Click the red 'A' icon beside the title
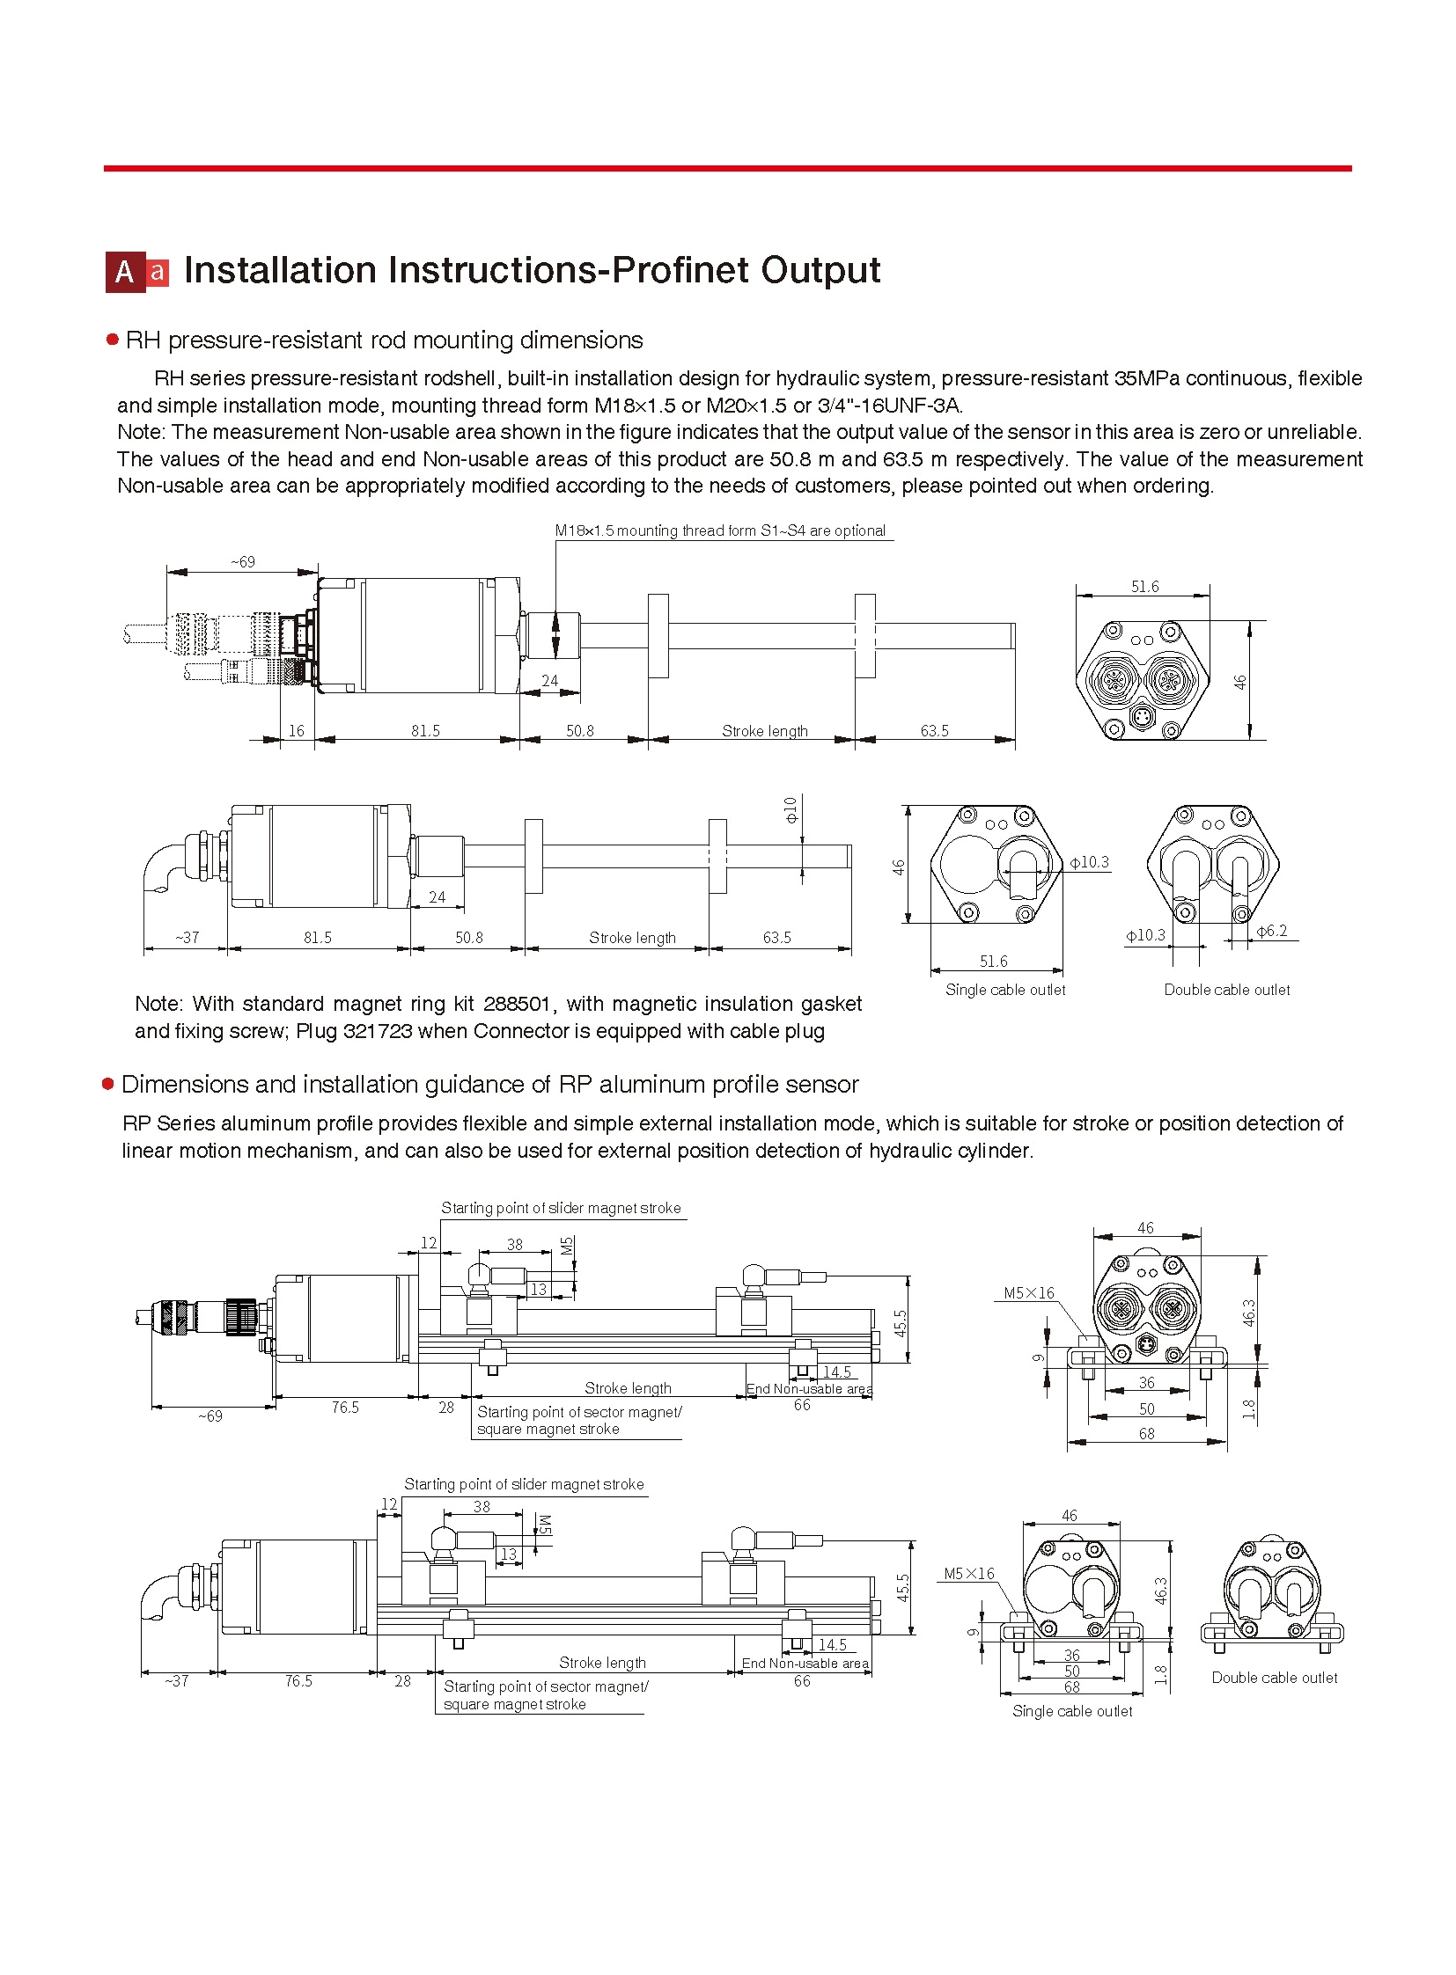124,272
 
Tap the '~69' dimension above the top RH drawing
242,562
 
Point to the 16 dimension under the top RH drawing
296,731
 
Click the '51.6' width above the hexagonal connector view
1145,587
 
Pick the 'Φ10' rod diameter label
791,808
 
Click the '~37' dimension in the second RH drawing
187,937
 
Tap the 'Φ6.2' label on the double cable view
1271,931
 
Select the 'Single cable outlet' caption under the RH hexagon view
1004,991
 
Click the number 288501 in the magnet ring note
517,1005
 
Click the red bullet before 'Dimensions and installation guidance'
108,1085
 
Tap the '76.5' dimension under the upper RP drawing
344,1408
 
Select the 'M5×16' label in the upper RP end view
1028,1293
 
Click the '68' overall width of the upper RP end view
1146,1434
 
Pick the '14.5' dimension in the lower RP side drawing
832,1644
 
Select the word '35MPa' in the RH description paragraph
1147,379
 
